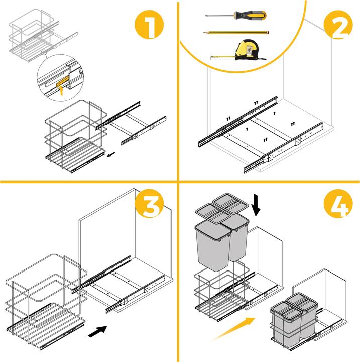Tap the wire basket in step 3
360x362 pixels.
click(x=45, y=302)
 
